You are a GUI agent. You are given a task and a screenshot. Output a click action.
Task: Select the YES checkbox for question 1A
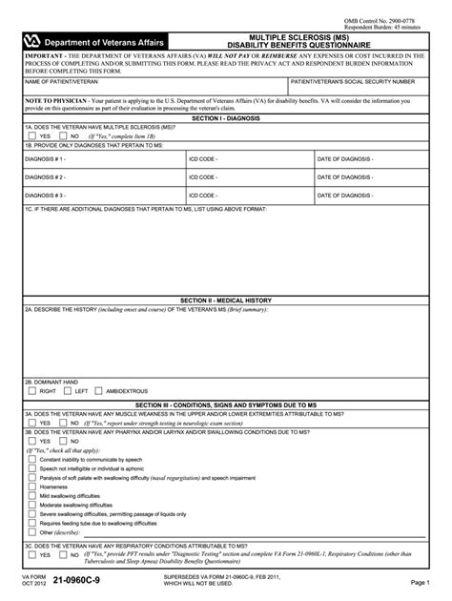(31, 136)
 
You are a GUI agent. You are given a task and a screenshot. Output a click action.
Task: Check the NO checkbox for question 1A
(62, 136)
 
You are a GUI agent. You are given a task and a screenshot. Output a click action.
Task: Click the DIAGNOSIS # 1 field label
(45, 159)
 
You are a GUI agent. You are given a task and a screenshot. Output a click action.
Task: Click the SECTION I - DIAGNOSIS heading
(226, 118)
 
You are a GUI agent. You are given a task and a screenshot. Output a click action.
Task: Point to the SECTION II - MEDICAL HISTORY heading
(226, 300)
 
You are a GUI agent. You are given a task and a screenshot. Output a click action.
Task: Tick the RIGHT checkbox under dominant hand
(31, 390)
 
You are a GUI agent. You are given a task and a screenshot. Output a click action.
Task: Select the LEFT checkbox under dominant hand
(67, 390)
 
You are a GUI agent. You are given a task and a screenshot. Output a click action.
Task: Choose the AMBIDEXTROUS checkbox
(98, 390)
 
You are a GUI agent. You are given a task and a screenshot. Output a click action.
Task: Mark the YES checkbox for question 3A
(31, 424)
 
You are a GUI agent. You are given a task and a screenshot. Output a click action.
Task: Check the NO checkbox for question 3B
(62, 442)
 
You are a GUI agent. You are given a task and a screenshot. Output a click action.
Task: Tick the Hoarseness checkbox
(31, 487)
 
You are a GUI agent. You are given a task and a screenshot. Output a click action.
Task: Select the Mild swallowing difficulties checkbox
(31, 496)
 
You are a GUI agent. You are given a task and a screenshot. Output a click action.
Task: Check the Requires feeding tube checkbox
(31, 523)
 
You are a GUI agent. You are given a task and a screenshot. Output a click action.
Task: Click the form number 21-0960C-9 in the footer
(88, 581)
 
